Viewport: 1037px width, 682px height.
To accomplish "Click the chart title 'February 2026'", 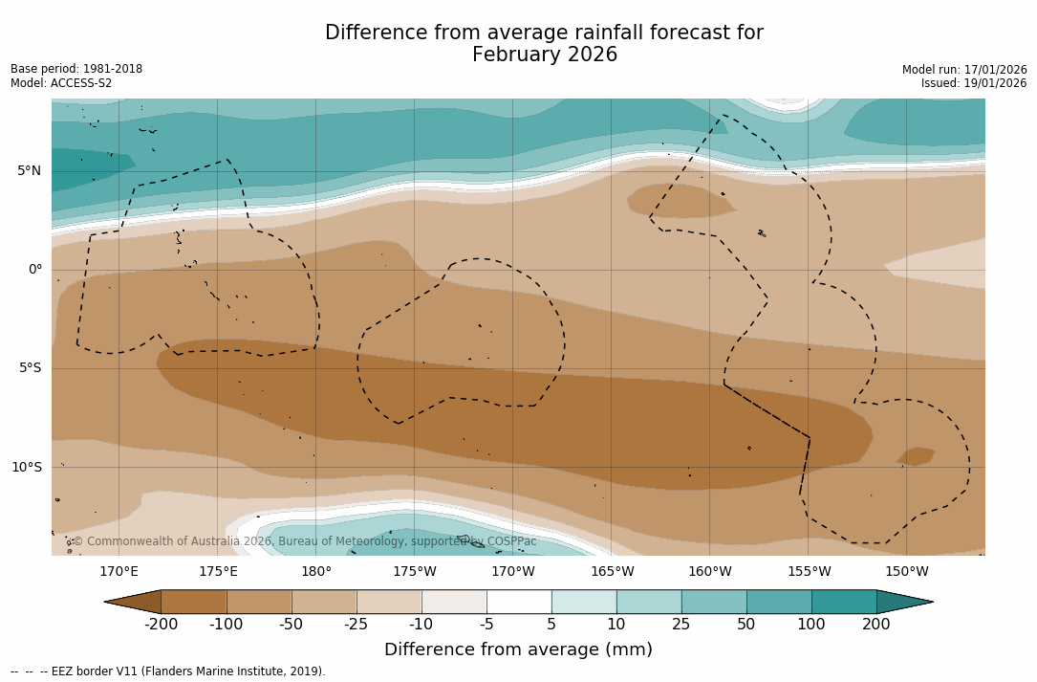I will click(x=544, y=55).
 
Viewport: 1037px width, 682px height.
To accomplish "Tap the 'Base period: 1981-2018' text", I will click(x=76, y=69).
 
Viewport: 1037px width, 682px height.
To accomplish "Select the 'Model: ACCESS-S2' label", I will click(x=61, y=83).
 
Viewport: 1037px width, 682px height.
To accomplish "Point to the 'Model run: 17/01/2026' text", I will click(x=964, y=70).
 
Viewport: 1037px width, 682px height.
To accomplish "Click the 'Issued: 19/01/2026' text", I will click(x=974, y=83).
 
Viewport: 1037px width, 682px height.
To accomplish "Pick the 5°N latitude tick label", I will click(x=30, y=171).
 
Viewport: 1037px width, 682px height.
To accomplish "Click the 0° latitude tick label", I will click(x=35, y=270).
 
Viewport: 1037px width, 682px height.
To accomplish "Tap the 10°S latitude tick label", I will click(x=27, y=468).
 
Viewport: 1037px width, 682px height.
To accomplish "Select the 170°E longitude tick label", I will click(x=119, y=572).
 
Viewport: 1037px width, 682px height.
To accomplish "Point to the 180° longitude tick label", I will click(x=316, y=572).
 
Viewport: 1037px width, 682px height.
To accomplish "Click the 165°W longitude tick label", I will click(x=612, y=572).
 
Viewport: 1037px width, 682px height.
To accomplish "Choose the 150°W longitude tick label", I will click(x=907, y=572).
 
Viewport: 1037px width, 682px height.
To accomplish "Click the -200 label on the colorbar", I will click(x=162, y=625).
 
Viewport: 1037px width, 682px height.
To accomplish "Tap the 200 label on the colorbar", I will click(x=876, y=625).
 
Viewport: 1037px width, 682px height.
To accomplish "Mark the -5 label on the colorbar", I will click(x=486, y=625).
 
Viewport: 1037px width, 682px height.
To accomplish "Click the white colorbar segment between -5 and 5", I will click(x=519, y=602).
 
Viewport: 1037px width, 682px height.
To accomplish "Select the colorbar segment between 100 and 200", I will click(x=844, y=602).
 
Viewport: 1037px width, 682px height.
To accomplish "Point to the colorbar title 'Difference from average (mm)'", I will click(x=518, y=650).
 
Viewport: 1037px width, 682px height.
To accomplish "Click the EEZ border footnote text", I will click(x=168, y=671).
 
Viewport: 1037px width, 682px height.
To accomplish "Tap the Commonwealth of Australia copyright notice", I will click(x=305, y=541).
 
